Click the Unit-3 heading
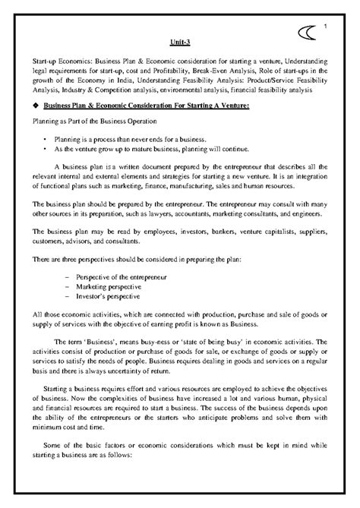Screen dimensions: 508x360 (179, 43)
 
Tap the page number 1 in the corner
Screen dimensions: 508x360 (324, 29)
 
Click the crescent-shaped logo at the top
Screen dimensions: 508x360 (305, 35)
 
